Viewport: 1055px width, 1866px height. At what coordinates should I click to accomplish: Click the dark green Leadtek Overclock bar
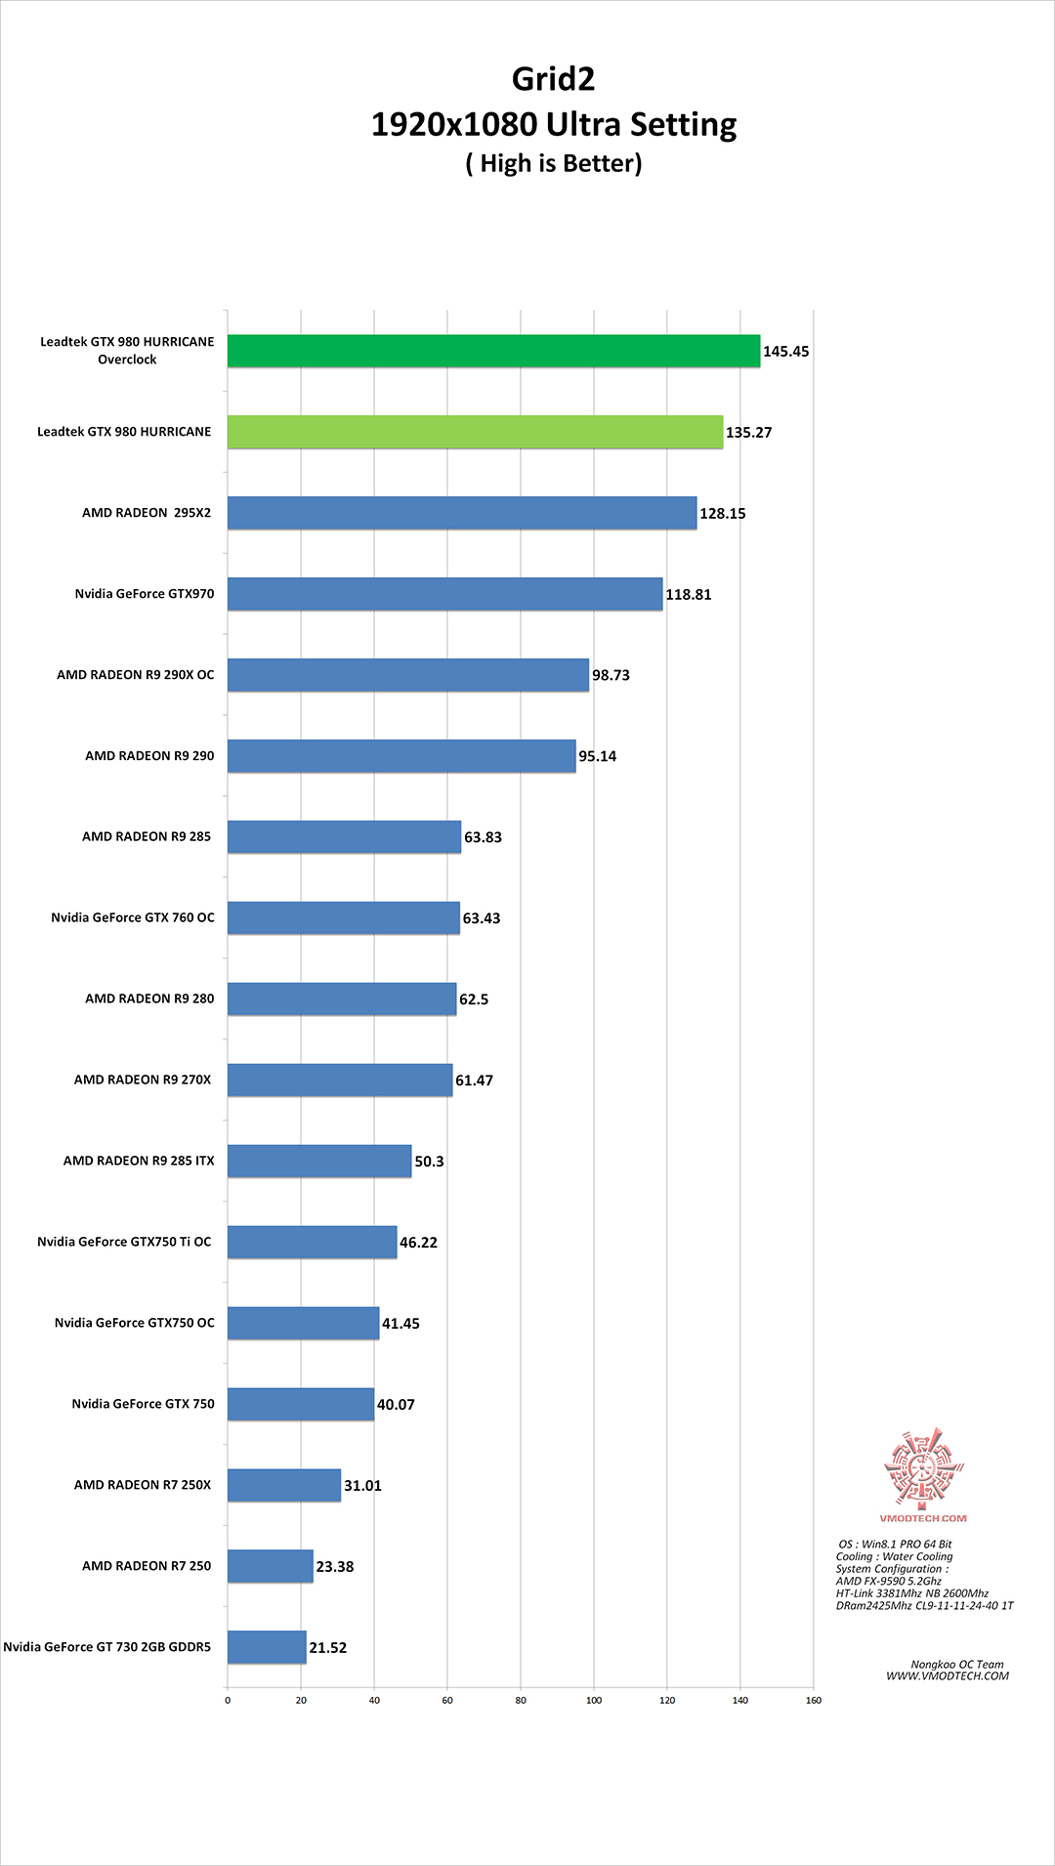coord(493,351)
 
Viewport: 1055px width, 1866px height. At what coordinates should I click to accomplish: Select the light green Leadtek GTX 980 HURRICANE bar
coord(475,432)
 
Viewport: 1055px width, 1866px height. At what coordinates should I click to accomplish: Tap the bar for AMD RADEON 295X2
coord(462,513)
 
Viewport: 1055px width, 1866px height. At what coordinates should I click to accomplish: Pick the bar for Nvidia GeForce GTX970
coord(444,594)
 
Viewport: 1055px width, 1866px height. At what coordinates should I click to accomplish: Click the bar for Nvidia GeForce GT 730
coord(267,1647)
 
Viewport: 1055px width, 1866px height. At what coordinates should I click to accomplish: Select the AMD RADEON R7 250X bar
coord(284,1485)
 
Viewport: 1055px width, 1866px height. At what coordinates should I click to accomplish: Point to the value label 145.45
coord(785,352)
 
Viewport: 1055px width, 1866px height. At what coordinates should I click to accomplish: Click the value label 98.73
coord(611,675)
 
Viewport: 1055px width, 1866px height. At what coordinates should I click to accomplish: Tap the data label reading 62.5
coord(474,999)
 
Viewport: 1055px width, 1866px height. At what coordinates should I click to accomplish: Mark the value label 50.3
coord(429,1162)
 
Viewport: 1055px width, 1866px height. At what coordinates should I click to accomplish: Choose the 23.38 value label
coord(334,1567)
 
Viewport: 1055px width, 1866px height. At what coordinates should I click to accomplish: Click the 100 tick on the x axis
coord(594,1700)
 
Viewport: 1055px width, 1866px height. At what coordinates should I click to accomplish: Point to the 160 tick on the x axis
coord(814,1700)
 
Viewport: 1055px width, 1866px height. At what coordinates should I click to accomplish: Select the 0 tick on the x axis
coord(228,1700)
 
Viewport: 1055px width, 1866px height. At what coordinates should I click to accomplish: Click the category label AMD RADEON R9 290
coord(149,755)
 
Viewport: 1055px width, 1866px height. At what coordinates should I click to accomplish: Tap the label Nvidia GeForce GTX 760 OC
coord(133,917)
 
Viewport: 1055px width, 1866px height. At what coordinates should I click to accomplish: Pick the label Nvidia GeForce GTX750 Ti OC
coord(124,1242)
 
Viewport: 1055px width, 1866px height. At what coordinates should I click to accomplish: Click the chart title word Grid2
coord(553,79)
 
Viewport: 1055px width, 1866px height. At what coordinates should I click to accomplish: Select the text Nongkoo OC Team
coord(956,1665)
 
